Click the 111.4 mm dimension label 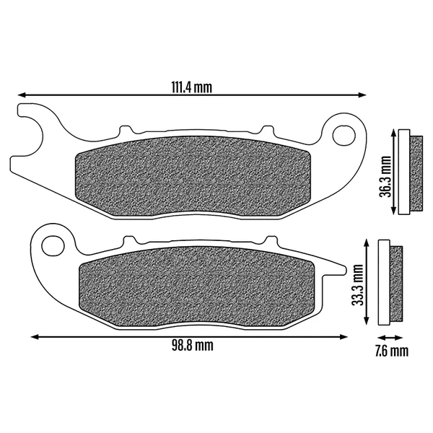coord(192,87)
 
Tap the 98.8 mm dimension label coord(193,346)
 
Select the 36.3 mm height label coord(385,177)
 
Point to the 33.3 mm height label coord(358,285)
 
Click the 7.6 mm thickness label coord(392,351)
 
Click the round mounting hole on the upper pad coord(344,136)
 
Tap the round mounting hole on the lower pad coord(53,245)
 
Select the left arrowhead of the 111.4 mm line coord(22,95)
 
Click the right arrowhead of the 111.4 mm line coord(362,95)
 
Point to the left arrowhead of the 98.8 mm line coord(35,337)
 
